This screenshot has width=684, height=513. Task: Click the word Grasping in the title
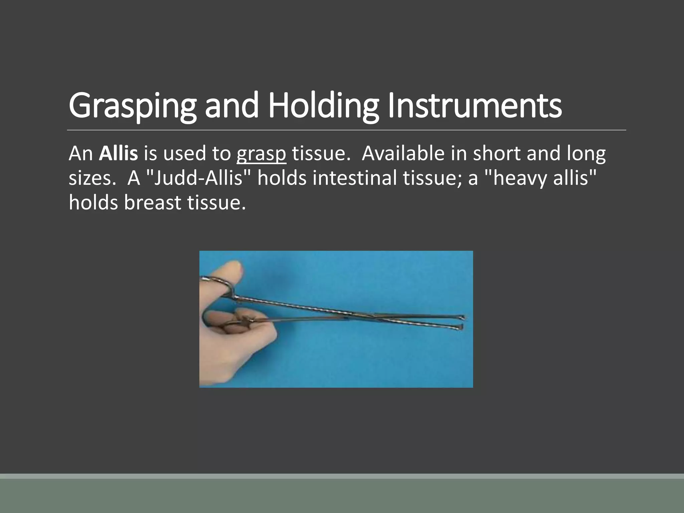pyautogui.click(x=132, y=106)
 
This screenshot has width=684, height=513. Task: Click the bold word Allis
pyautogui.click(x=118, y=154)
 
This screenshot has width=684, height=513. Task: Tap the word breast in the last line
pyautogui.click(x=152, y=202)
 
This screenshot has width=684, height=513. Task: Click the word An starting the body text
pyautogui.click(x=80, y=154)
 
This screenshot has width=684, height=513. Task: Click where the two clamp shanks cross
pyautogui.click(x=374, y=316)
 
